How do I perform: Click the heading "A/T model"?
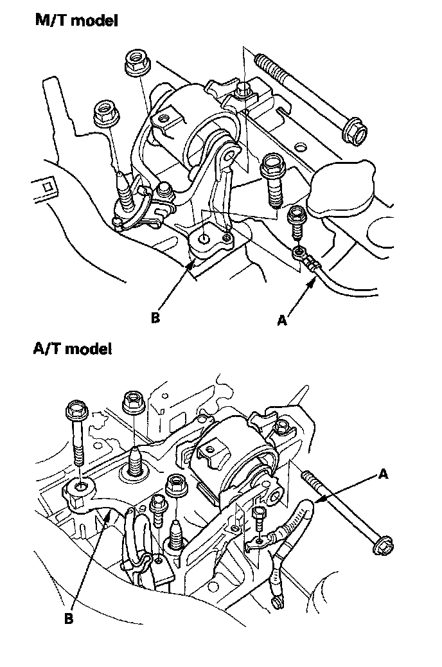72,349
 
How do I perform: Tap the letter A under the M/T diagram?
281,319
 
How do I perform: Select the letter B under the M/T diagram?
155,317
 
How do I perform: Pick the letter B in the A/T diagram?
68,619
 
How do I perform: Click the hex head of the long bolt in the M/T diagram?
353,132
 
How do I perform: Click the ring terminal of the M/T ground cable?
297,252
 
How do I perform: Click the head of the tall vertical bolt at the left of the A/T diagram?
76,409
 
